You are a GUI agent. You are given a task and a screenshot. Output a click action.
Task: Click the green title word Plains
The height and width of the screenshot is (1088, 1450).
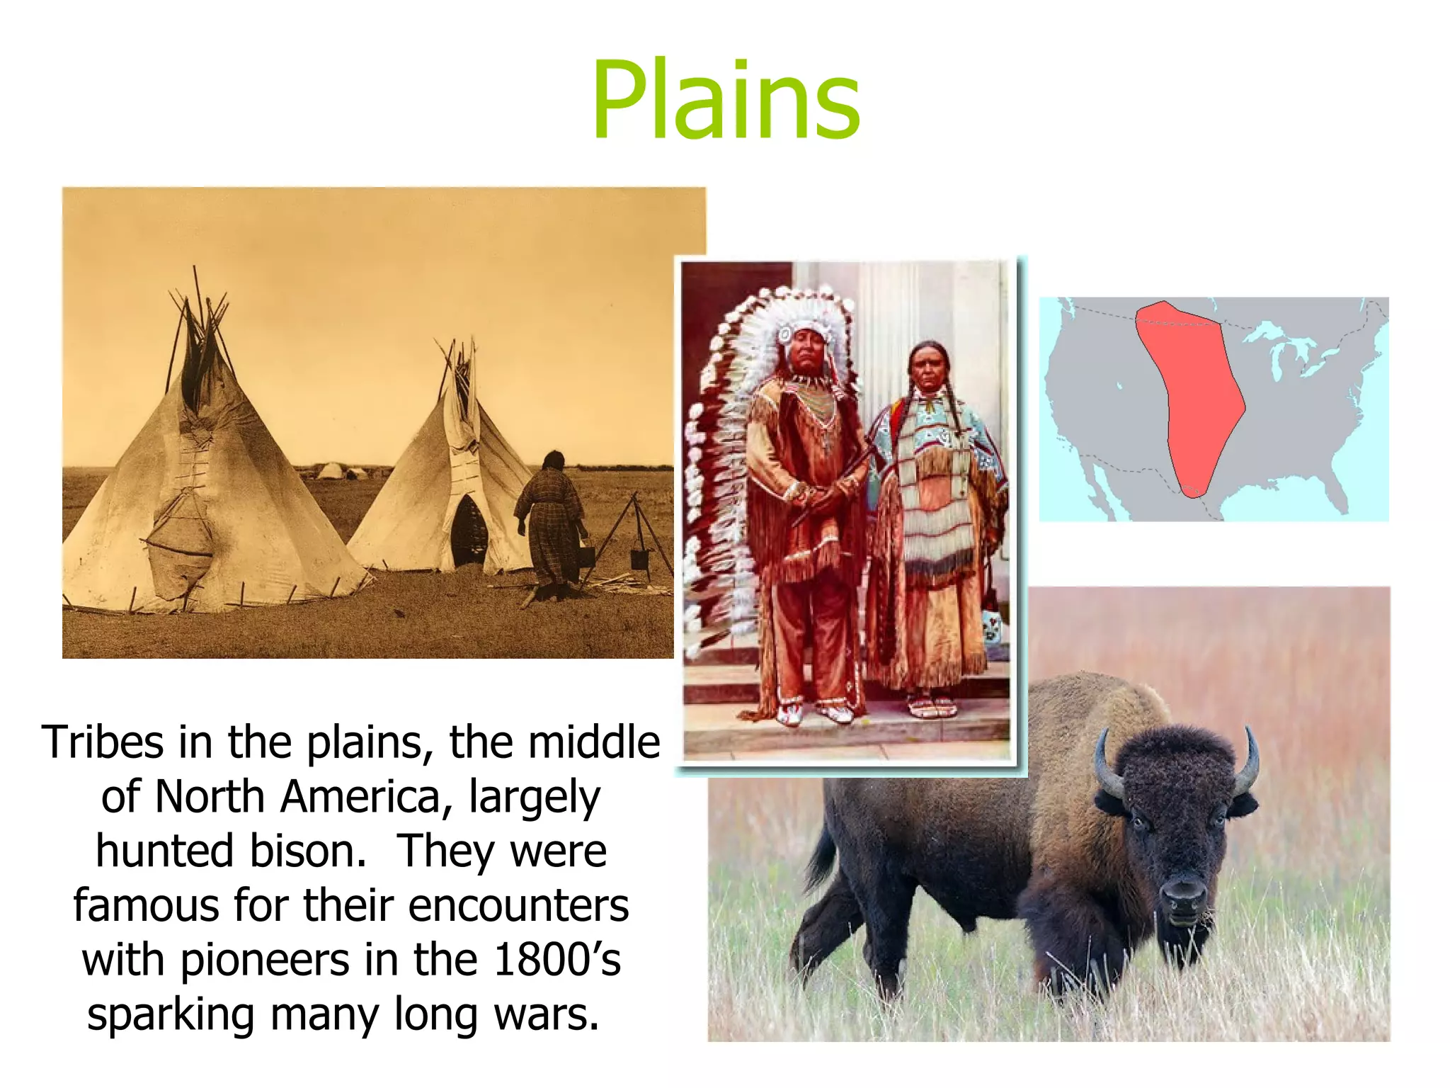tap(726, 101)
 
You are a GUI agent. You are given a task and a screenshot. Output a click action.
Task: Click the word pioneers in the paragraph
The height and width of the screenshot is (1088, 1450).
tap(265, 960)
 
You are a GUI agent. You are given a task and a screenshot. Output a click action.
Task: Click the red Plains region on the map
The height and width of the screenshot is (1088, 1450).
tap(1197, 397)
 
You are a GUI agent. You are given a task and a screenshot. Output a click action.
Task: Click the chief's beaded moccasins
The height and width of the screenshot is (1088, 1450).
tap(814, 712)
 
